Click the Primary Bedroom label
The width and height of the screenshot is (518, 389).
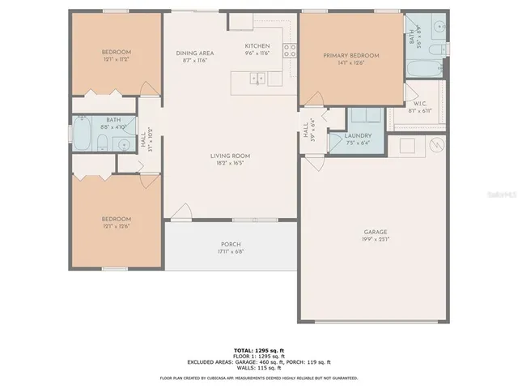click(x=351, y=56)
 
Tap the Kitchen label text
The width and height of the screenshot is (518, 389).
click(x=257, y=46)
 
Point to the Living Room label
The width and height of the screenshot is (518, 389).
click(x=230, y=156)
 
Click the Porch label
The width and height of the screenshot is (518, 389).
click(x=231, y=244)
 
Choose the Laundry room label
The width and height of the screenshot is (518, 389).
click(x=357, y=136)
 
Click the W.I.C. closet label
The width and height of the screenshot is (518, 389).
click(x=420, y=104)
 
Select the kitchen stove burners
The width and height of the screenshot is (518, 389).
click(x=290, y=50)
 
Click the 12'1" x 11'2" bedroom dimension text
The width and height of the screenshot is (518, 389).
click(x=117, y=60)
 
